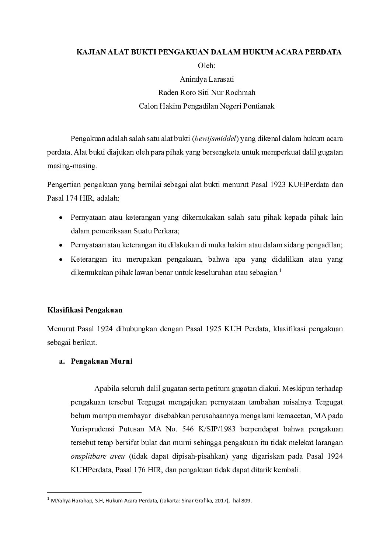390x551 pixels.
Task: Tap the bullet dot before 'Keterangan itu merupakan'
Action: [61, 259]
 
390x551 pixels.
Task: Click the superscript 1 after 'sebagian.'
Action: [280, 271]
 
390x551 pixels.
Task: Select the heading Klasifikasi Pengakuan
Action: [85, 310]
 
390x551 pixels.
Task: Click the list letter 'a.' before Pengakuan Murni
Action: [62, 361]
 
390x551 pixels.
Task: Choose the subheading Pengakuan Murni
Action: [101, 361]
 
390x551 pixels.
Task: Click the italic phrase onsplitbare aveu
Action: [98, 456]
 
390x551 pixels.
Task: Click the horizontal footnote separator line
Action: [94, 492]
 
